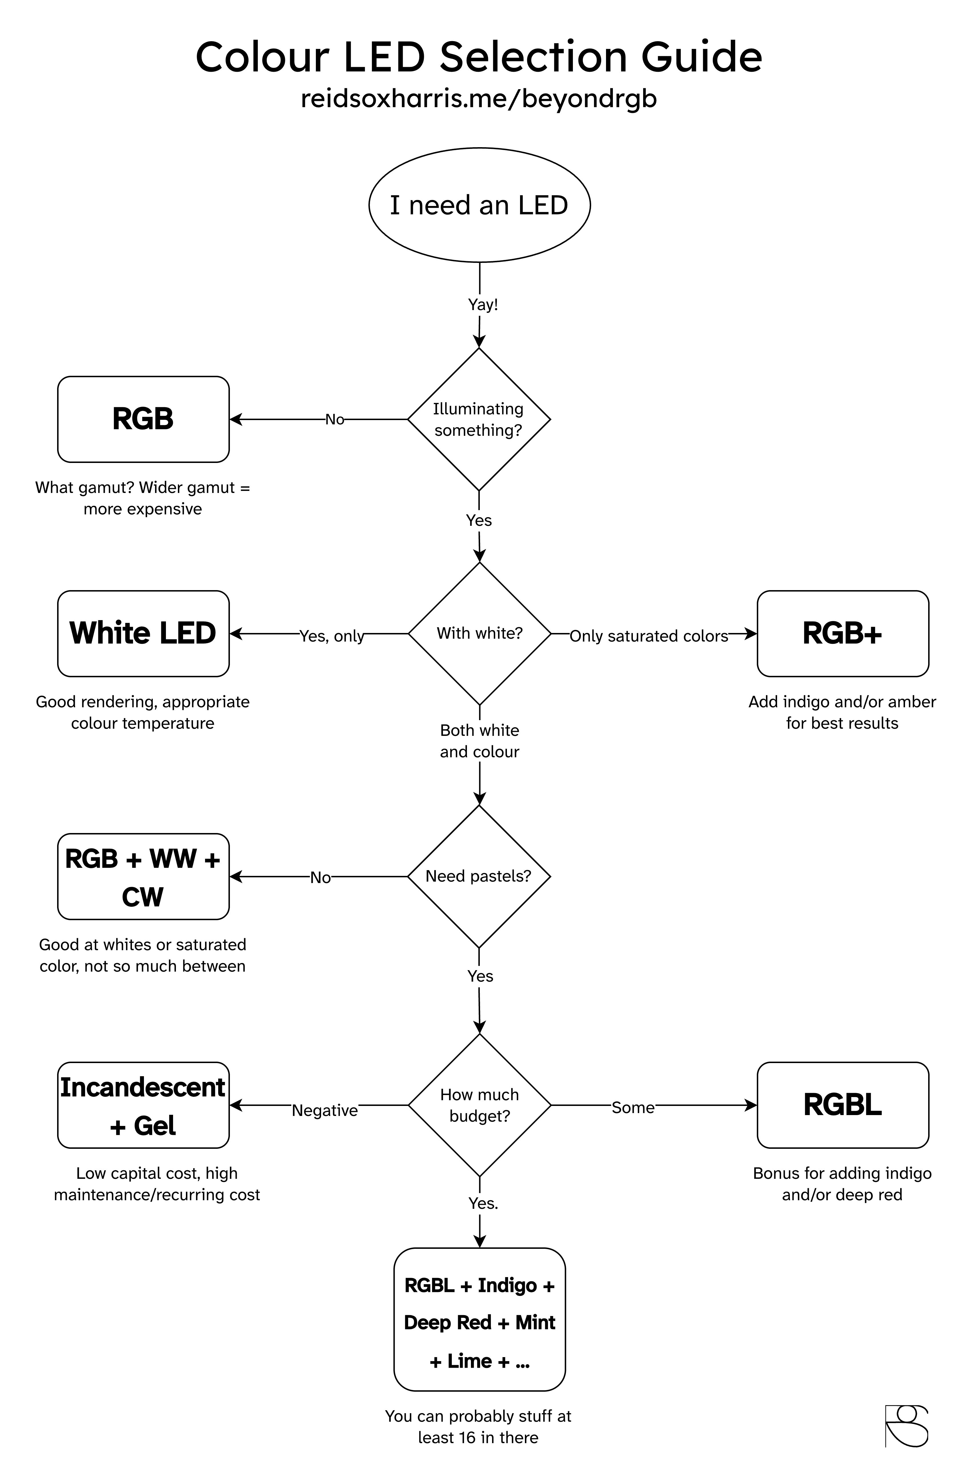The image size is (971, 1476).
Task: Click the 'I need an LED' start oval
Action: point(479,205)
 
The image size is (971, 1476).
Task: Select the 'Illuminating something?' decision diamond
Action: point(479,419)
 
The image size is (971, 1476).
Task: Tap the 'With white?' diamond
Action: point(479,633)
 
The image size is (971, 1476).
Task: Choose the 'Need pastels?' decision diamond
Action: point(479,876)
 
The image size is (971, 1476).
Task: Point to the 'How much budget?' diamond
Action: point(479,1105)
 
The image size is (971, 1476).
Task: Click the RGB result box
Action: point(143,419)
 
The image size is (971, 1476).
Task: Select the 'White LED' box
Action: point(143,633)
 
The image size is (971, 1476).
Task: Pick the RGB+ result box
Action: point(842,633)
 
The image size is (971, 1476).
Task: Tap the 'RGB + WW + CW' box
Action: point(143,876)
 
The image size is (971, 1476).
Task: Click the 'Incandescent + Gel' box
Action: point(143,1105)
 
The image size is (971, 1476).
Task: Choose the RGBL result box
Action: point(842,1105)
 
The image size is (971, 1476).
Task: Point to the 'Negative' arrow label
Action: point(325,1110)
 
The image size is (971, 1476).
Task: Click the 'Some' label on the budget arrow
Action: point(633,1108)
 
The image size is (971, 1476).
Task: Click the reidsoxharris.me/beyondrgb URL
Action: point(479,99)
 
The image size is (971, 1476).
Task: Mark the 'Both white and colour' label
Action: point(479,741)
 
